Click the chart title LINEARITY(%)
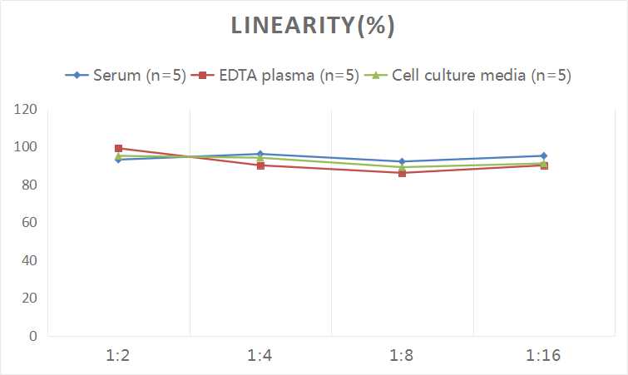(314, 27)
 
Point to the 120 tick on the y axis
(27, 109)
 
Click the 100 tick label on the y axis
(27, 147)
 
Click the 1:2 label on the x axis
(118, 356)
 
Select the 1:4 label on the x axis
(260, 356)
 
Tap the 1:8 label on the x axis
(402, 356)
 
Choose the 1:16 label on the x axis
(544, 356)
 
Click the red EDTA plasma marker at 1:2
(118, 148)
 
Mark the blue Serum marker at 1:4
(260, 154)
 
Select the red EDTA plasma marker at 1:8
(402, 173)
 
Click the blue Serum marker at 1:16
(544, 155)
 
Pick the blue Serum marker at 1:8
(402, 161)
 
